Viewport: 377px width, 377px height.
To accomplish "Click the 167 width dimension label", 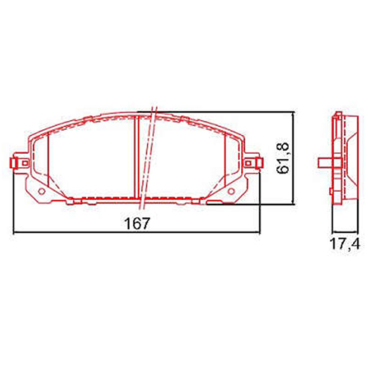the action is tap(137, 223).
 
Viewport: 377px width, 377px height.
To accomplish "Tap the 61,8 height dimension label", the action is tap(283, 158).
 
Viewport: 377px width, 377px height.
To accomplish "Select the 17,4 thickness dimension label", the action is tap(345, 243).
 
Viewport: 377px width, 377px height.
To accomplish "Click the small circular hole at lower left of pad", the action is tap(42, 191).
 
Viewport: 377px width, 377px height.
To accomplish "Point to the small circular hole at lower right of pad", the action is tap(231, 191).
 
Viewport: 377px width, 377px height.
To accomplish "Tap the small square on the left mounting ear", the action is tap(25, 163).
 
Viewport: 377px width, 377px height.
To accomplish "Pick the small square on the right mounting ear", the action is tap(248, 163).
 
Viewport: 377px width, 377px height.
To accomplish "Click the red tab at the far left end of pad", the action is tap(13, 163).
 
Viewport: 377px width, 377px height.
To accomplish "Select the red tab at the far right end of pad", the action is tap(261, 163).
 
